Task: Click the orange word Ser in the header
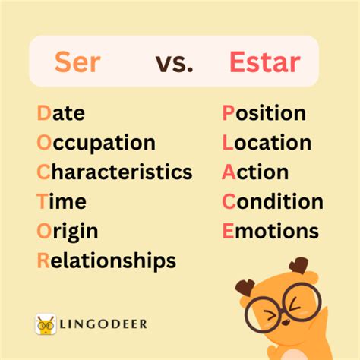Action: tap(77, 62)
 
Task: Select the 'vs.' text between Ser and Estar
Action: tap(175, 62)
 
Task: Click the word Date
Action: tap(61, 114)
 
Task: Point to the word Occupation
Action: tap(96, 144)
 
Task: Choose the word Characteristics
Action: tap(114, 172)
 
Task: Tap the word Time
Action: tap(62, 202)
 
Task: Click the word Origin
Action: tap(68, 232)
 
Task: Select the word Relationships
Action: tap(106, 261)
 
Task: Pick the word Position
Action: tap(264, 114)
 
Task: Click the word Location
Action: tap(267, 143)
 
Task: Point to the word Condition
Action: tap(273, 202)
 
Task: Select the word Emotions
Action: tap(270, 231)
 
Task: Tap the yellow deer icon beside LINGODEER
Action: tap(46, 325)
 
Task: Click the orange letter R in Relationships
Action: tap(43, 261)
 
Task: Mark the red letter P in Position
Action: tap(228, 114)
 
